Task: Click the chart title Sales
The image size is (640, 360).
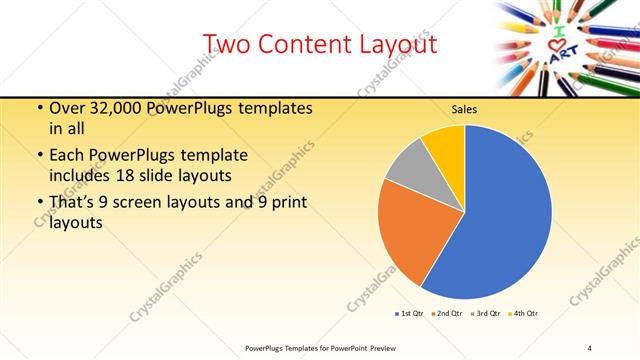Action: click(x=464, y=108)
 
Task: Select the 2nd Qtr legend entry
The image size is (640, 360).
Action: click(x=447, y=314)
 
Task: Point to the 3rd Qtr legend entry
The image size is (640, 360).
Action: click(x=486, y=314)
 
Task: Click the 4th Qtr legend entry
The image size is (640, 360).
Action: click(x=523, y=314)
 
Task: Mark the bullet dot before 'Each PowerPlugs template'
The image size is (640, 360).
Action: click(x=38, y=155)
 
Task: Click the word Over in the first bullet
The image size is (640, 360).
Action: click(x=68, y=109)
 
